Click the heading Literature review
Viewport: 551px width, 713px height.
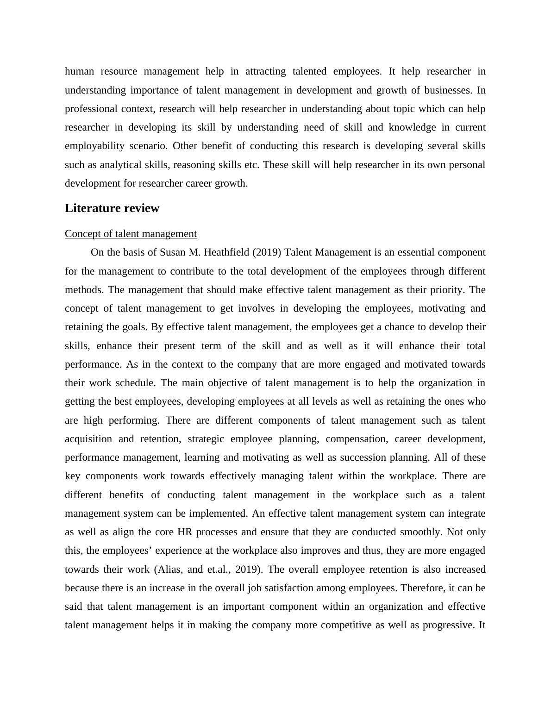112,208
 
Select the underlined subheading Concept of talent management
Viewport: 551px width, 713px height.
131,234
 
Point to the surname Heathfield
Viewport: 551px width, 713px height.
226,252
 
